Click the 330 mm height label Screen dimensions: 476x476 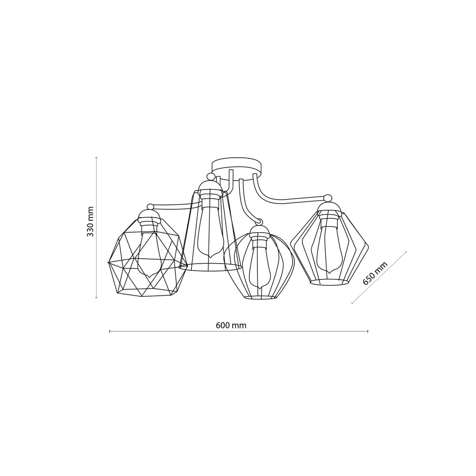pyautogui.click(x=90, y=222)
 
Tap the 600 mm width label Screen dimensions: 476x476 pyautogui.click(x=231, y=325)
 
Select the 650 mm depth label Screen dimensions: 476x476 pyautogui.click(x=375, y=273)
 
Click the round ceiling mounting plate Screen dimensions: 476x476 pyautogui.click(x=237, y=169)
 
